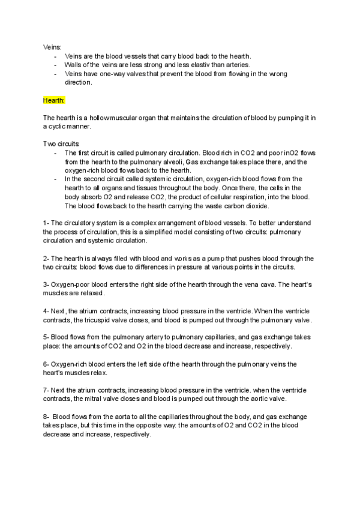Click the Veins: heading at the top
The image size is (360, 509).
pyautogui.click(x=52, y=46)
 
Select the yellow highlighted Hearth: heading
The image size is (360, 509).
pyautogui.click(x=54, y=100)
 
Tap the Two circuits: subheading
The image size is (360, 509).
pyautogui.click(x=61, y=144)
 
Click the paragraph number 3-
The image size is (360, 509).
pyautogui.click(x=46, y=285)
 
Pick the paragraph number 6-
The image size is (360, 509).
pyautogui.click(x=46, y=364)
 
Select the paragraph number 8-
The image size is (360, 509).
pyautogui.click(x=46, y=416)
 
